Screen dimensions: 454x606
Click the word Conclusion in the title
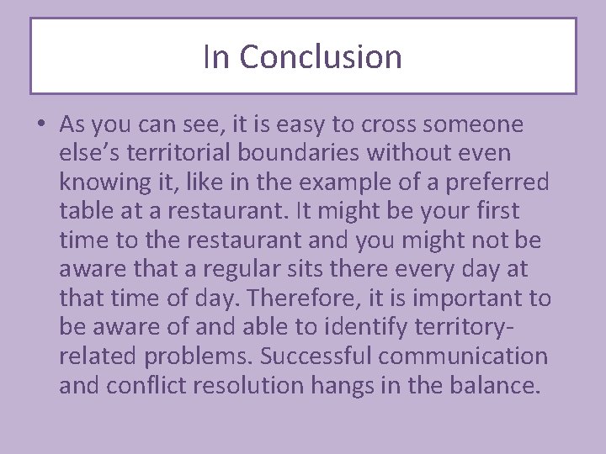click(321, 57)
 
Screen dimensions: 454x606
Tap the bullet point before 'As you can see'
click(40, 125)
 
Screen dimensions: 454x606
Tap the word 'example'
click(362, 182)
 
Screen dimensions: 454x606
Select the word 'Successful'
click(316, 356)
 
